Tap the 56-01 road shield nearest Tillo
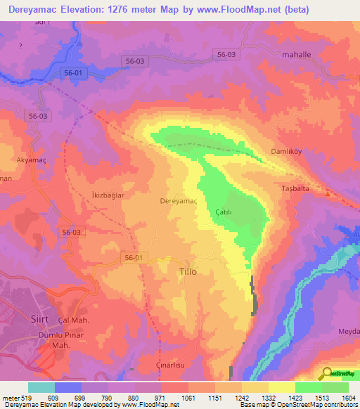coord(132,258)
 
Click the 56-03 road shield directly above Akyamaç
coord(38,116)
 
